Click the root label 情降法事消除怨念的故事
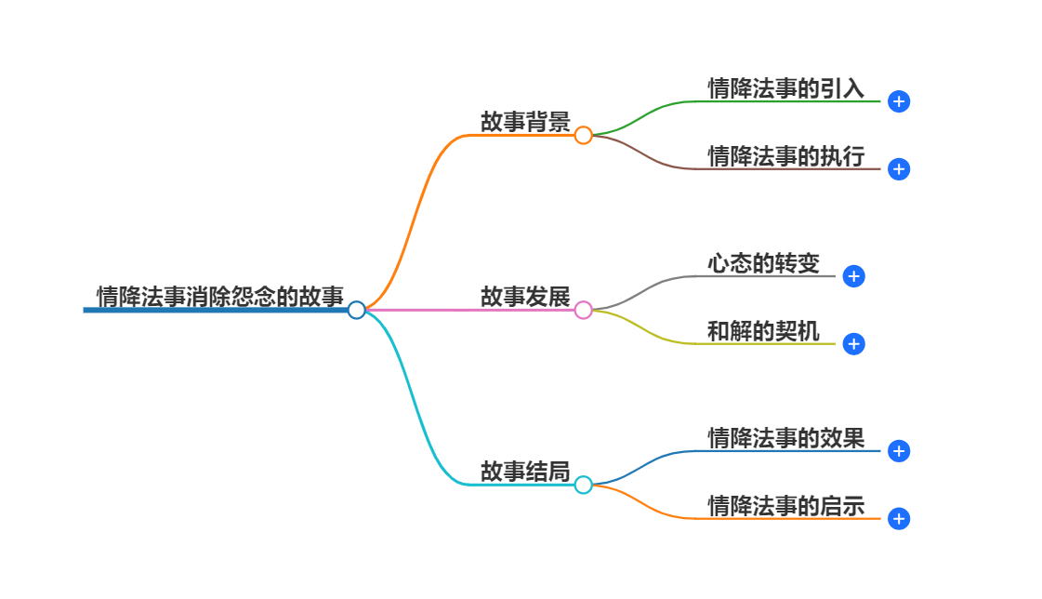click(219, 297)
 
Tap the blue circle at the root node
click(356, 310)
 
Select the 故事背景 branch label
click(525, 122)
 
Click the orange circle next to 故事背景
click(583, 136)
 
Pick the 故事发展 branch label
click(525, 297)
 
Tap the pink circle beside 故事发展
click(583, 310)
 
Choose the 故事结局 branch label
click(525, 472)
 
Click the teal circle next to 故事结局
click(583, 485)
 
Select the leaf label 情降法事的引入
click(785, 88)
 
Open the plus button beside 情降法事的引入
click(898, 101)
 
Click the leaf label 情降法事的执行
click(785, 156)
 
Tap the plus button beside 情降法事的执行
click(898, 169)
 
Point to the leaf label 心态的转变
click(763, 263)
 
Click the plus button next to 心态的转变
click(853, 276)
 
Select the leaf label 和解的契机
click(763, 331)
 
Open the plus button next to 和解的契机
click(853, 344)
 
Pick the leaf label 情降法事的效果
click(785, 438)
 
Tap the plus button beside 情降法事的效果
click(898, 451)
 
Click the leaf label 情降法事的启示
click(785, 506)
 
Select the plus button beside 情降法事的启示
click(898, 519)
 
